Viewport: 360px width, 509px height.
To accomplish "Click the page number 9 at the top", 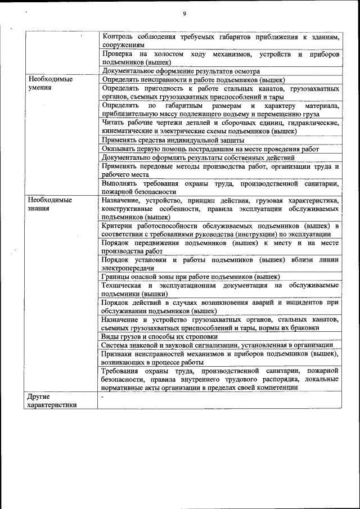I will [x=184, y=14].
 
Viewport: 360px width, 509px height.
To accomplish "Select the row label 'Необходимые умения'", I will [x=50, y=84].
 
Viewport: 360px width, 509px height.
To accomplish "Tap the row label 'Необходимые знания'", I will [x=50, y=204].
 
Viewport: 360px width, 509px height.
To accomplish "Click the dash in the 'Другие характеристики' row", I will [x=102, y=397].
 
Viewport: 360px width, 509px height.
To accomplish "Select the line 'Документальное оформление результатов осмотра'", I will [x=181, y=71].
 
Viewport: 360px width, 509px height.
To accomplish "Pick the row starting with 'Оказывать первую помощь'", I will [x=210, y=149].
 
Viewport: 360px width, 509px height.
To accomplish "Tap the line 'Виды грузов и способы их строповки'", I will [x=159, y=336].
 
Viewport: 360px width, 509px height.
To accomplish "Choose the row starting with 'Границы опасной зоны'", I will [x=191, y=277].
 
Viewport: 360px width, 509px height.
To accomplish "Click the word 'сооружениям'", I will [x=123, y=44].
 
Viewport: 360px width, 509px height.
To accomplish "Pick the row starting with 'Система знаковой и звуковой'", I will [x=217, y=345].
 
